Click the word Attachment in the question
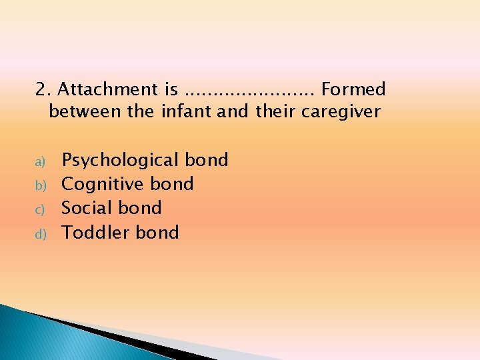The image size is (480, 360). [106, 89]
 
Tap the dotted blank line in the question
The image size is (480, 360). [251, 92]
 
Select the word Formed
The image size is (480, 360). [353, 89]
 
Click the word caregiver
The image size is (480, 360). [341, 111]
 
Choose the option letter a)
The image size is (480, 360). [39, 161]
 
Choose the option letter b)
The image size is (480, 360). [39, 185]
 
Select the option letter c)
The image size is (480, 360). [39, 209]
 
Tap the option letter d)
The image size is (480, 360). [39, 233]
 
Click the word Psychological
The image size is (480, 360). [121, 161]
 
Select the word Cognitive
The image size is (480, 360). [103, 184]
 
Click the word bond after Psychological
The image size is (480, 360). [207, 160]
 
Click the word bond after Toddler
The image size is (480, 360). [157, 233]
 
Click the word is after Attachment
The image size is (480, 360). [170, 89]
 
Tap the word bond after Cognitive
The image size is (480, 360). [172, 184]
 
